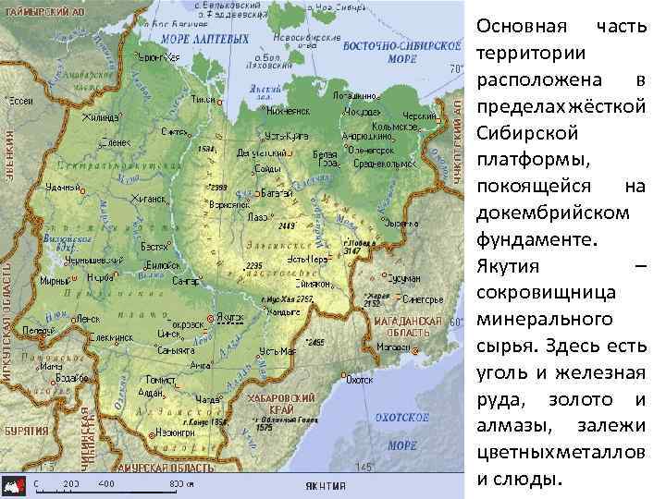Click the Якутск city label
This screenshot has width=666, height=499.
point(230,317)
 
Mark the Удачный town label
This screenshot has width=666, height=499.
point(61,188)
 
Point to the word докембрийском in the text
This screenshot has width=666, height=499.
point(552,213)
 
